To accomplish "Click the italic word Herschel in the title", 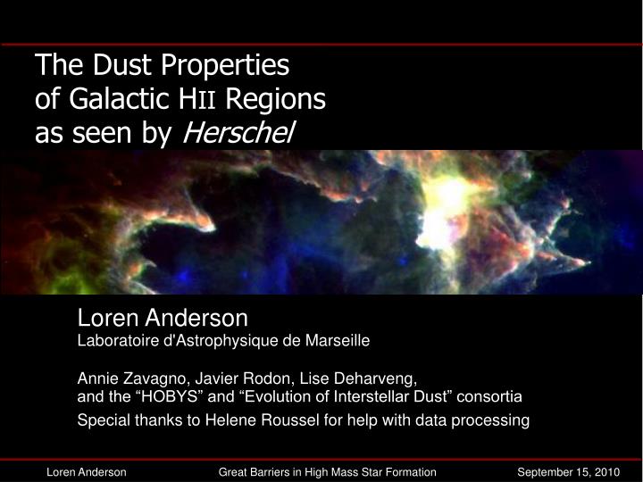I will click(238, 133).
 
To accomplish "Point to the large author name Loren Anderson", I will click(162, 318).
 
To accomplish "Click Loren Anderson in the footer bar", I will click(86, 471).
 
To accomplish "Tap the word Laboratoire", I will click(116, 340).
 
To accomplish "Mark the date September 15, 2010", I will click(569, 471).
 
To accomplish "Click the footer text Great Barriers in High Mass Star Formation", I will click(328, 471).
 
